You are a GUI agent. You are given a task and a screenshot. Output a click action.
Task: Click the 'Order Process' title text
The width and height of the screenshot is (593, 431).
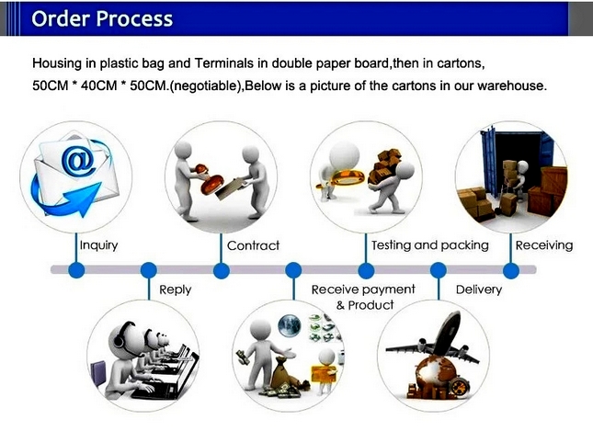click(102, 18)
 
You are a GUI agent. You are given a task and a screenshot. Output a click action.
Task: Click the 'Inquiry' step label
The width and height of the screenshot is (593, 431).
click(98, 245)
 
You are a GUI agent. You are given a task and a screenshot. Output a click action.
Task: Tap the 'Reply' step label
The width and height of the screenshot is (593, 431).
click(175, 290)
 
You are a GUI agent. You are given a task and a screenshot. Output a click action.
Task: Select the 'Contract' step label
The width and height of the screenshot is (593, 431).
click(253, 245)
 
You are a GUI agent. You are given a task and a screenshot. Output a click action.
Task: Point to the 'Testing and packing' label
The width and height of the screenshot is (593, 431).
click(430, 245)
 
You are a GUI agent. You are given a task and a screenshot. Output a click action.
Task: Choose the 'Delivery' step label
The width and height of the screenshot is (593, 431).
click(479, 289)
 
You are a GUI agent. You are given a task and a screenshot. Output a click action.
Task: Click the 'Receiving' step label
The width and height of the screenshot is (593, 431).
click(544, 245)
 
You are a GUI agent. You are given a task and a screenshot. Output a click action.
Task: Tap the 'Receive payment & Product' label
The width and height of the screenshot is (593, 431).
click(363, 297)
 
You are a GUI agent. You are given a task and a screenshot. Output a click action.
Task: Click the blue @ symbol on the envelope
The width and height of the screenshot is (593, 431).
click(79, 162)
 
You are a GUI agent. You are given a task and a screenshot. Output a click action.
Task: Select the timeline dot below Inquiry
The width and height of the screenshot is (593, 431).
click(76, 270)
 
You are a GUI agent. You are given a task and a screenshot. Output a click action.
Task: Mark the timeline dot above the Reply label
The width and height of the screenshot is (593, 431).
click(149, 270)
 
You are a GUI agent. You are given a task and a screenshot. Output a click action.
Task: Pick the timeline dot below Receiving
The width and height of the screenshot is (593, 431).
click(511, 271)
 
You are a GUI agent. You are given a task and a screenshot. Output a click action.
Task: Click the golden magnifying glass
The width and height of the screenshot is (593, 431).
click(343, 178)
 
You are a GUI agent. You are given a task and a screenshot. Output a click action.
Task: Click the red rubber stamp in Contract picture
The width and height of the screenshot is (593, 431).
click(205, 180)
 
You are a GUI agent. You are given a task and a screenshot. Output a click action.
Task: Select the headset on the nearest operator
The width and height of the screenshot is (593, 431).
click(120, 335)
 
